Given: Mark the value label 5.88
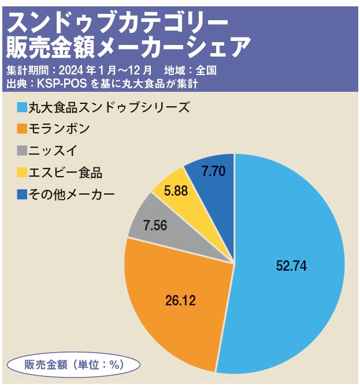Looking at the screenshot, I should click(x=176, y=190).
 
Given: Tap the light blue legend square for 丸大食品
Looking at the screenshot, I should click(x=22, y=107).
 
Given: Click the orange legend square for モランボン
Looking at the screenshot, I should click(x=22, y=129).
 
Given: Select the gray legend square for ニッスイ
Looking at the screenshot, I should click(x=22, y=150).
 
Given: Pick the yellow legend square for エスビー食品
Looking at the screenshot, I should click(x=22, y=171).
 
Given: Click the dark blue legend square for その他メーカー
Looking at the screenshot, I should click(x=22, y=193).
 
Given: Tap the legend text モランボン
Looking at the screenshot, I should click(x=60, y=129).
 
